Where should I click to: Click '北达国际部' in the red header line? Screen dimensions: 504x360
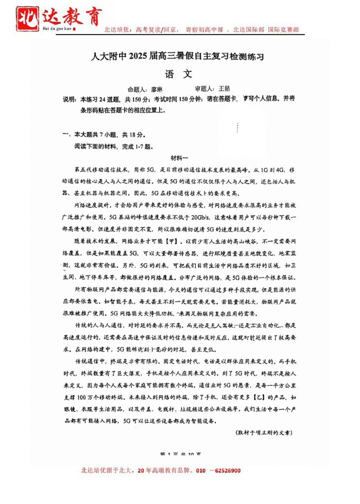click(x=249, y=30)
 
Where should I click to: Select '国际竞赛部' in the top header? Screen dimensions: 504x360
click(x=283, y=30)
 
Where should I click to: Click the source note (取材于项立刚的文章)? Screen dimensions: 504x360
click(x=264, y=432)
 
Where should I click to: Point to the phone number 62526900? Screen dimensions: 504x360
click(x=225, y=471)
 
